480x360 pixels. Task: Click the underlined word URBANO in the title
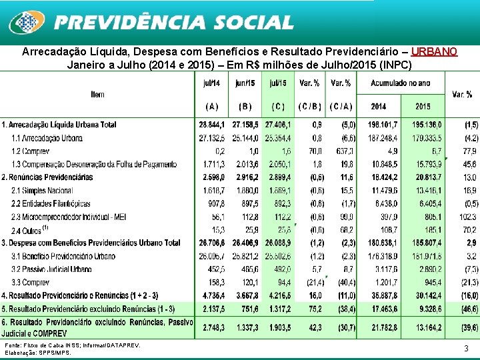434,52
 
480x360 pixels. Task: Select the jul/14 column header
212,83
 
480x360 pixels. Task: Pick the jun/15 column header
245,83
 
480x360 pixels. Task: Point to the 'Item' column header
97,95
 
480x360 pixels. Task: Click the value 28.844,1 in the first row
212,125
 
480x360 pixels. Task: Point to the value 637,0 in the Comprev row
345,151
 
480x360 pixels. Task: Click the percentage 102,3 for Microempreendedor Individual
467,217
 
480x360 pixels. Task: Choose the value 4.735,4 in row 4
213,295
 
